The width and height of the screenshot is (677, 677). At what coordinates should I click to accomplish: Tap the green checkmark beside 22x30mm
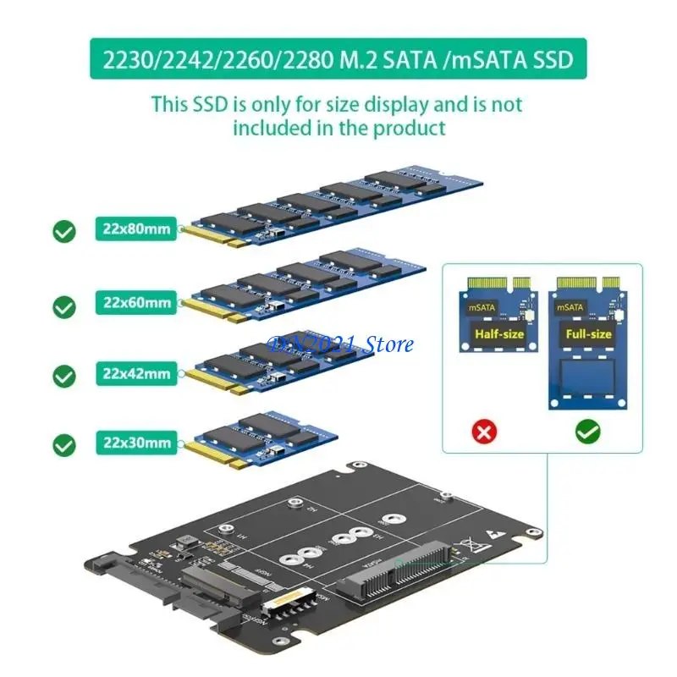[64, 443]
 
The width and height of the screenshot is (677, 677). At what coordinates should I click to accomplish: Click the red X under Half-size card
[484, 432]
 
